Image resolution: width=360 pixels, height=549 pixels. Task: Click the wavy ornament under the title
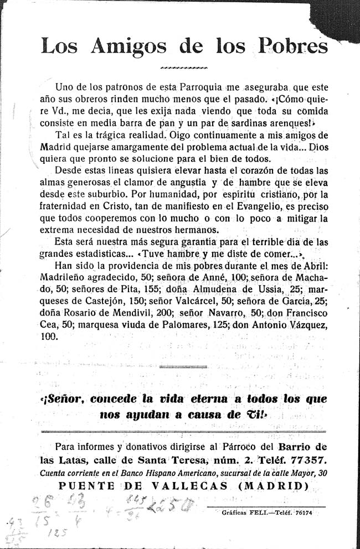point(183,69)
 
